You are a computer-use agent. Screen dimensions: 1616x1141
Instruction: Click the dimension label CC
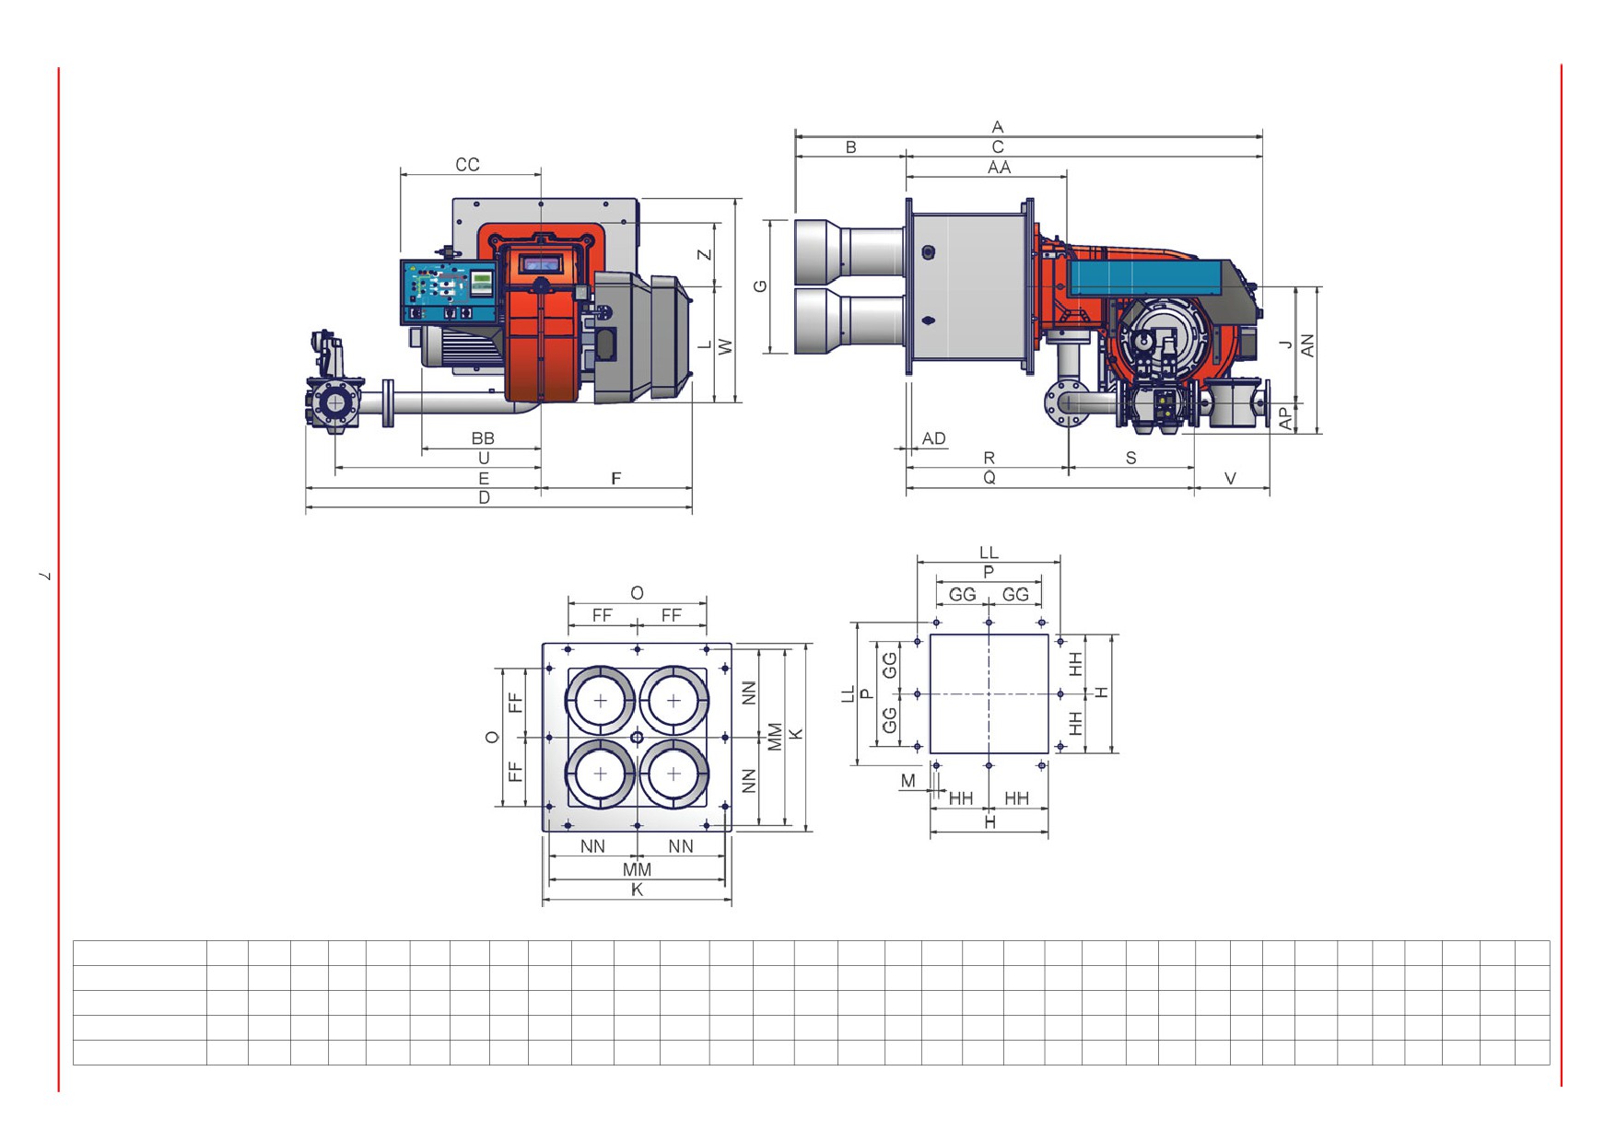click(467, 164)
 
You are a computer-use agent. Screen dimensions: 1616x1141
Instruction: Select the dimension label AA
click(999, 168)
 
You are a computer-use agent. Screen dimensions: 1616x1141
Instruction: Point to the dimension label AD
click(933, 438)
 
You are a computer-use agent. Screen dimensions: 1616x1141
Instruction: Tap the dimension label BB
click(482, 438)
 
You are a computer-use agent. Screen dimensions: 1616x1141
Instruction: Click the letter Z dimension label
click(705, 254)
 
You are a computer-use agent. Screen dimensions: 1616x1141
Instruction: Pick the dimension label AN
click(1306, 345)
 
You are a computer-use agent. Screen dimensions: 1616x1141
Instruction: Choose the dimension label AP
click(1285, 418)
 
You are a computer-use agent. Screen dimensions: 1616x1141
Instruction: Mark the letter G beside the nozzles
click(760, 286)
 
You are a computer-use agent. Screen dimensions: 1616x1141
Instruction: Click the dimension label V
click(1230, 478)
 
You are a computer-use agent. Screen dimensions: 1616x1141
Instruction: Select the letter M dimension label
click(908, 781)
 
